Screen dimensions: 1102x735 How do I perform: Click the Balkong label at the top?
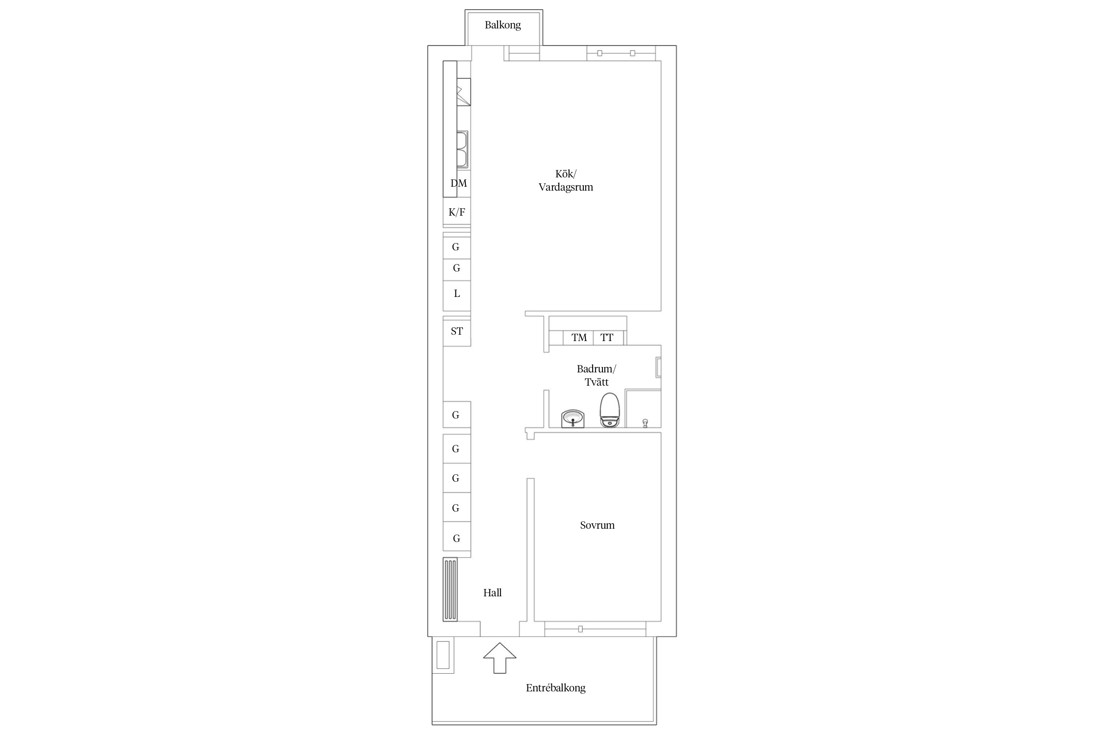tap(503, 25)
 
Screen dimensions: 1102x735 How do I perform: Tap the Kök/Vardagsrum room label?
tap(566, 180)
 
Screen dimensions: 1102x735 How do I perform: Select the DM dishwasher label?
tap(459, 183)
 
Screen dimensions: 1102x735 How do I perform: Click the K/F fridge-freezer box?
tap(457, 212)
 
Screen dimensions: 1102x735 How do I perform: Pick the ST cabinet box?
tap(457, 331)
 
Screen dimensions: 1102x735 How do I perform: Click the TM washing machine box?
tap(578, 338)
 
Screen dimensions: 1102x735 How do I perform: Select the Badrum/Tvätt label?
tap(596, 375)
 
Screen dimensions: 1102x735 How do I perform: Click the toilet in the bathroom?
tap(610, 410)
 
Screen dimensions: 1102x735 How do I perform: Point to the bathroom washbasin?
tap(573, 419)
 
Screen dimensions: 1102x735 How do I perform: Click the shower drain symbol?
tap(645, 423)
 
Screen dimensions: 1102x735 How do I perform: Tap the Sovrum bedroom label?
tap(597, 525)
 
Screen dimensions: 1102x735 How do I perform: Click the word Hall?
tap(493, 593)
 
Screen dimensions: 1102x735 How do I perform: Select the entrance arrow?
tap(500, 658)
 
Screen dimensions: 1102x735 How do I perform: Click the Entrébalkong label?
tap(555, 688)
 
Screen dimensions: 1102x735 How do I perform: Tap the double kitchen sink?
tap(463, 149)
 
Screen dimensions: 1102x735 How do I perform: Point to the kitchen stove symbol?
tap(463, 92)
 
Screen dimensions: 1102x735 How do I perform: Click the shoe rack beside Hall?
tap(450, 589)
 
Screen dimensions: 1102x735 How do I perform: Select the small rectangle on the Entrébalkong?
tap(443, 655)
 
